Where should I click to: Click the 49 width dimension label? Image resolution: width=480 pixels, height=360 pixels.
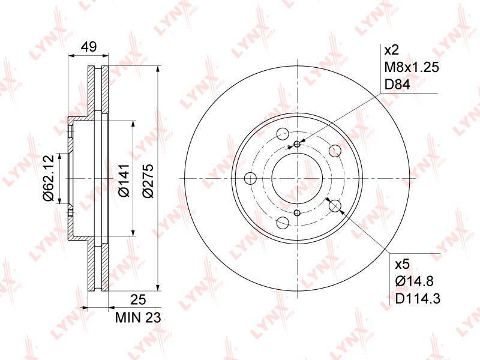point(89,47)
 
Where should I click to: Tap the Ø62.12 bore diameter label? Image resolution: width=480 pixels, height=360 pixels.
point(49,178)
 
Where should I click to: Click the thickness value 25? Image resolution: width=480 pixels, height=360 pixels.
point(138,299)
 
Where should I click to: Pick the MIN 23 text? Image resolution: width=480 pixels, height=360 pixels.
point(138,318)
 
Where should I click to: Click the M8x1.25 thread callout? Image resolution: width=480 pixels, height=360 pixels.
point(412,67)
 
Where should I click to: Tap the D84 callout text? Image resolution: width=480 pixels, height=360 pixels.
point(397,85)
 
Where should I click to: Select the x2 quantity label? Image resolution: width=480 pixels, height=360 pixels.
point(392,50)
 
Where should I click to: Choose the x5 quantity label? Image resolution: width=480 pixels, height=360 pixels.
point(402,264)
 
